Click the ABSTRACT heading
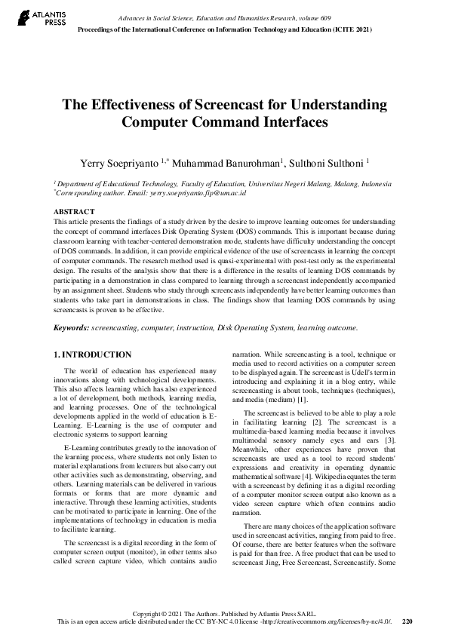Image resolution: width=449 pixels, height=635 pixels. pos(74,212)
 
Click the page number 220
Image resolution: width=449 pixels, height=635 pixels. pos(408,621)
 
